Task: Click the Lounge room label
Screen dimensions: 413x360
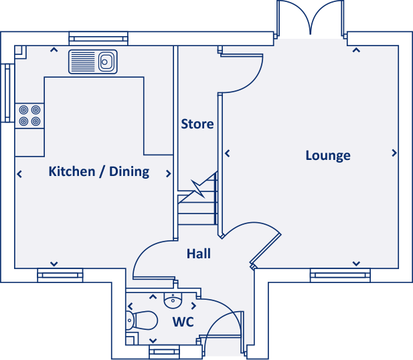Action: point(328,155)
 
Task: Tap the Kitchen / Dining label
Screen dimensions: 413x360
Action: point(99,171)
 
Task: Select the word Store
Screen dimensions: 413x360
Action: point(197,124)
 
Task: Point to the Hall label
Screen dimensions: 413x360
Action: point(199,254)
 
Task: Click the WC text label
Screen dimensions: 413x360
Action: point(183,322)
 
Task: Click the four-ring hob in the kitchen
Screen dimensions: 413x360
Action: point(29,116)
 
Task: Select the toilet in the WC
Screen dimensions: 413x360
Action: point(142,321)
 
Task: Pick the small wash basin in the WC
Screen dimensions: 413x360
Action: point(173,300)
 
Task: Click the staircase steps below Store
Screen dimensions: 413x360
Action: point(197,208)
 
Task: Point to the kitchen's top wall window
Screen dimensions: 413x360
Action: point(98,39)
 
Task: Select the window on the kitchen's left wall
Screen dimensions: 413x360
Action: point(7,93)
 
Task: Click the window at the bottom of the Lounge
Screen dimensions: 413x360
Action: point(340,276)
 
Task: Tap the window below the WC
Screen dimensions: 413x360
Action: point(165,352)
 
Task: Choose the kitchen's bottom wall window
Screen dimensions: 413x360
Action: point(60,276)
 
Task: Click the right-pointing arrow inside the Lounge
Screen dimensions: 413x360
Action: point(394,153)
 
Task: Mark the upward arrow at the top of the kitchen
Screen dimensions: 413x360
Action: point(54,50)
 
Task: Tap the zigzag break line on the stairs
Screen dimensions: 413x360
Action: point(198,189)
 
